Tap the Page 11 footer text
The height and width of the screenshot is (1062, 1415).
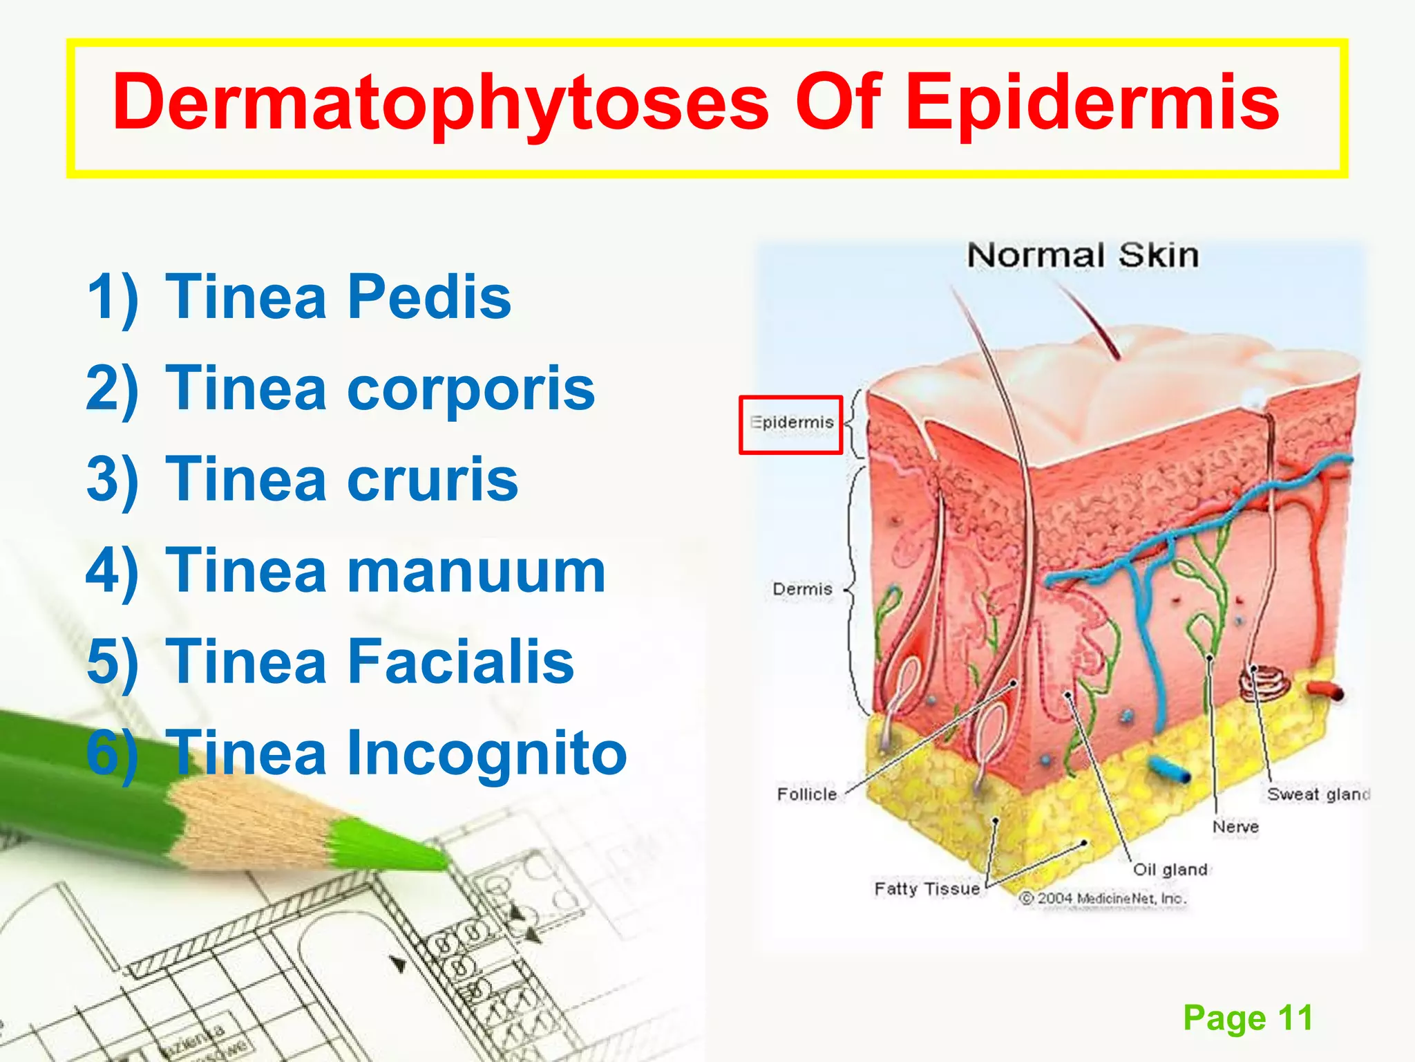1248,1017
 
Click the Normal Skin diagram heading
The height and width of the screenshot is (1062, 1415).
1083,256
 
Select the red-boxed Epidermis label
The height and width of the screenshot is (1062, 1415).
792,422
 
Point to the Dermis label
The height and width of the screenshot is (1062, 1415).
802,589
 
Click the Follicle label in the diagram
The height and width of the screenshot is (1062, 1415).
806,794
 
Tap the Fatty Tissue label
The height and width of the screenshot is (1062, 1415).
927,888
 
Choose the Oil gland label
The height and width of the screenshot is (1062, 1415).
1170,869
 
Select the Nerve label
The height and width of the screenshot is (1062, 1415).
1235,826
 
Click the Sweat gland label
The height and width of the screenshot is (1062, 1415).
1318,794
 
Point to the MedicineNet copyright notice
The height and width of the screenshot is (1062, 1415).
1103,898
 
